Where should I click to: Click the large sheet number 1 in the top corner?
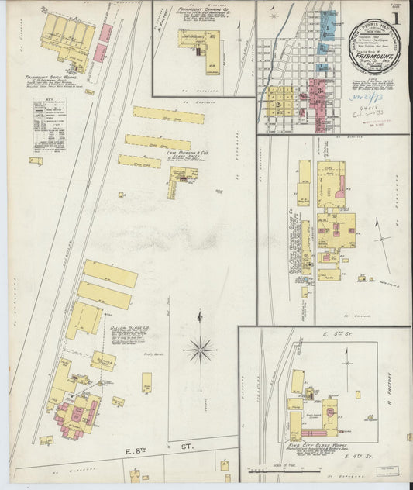[x=397, y=16]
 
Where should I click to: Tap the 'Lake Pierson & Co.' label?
[x=188, y=154]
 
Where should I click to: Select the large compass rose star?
[x=200, y=350]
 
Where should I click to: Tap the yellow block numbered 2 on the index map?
[x=276, y=103]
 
